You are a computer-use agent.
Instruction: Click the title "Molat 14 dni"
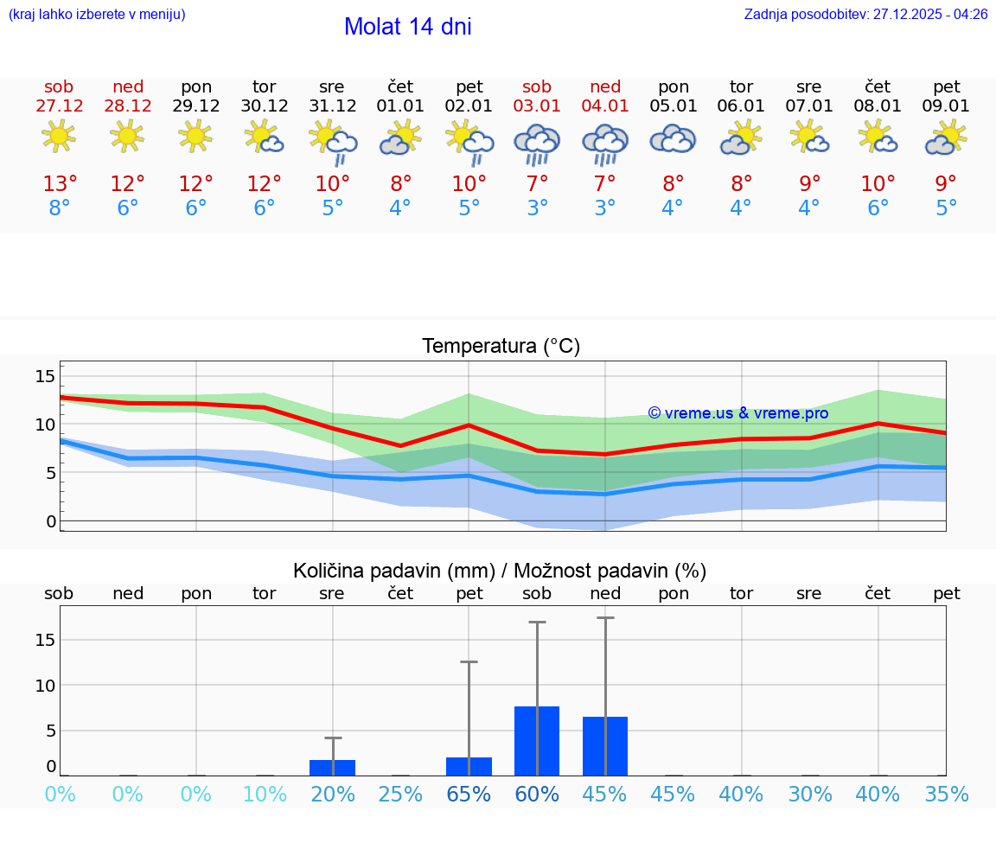coord(407,27)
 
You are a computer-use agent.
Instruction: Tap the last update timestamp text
coord(865,15)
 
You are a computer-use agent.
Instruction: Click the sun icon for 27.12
coord(59,137)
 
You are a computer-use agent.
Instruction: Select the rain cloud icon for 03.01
coord(537,142)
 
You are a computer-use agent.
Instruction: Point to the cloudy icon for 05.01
coord(673,138)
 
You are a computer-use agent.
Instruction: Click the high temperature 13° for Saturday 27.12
coord(60,184)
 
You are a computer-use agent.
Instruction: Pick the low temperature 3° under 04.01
coord(604,208)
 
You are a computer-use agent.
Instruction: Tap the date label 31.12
coord(332,106)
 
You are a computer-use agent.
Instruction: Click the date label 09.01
coord(946,106)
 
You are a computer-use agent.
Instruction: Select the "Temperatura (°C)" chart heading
coord(501,347)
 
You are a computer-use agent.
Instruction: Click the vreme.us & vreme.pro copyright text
coord(737,413)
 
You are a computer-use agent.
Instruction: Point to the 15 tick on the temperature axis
coord(45,376)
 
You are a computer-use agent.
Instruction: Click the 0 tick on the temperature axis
coord(51,521)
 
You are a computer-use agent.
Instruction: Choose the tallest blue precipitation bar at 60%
coord(537,741)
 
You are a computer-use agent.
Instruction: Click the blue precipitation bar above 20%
coord(332,768)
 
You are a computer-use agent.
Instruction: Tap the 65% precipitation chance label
coord(469,795)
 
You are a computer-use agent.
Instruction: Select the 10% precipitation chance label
coord(264,795)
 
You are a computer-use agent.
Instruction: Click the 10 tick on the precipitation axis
coord(45,686)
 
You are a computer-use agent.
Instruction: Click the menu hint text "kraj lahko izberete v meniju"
coord(97,15)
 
